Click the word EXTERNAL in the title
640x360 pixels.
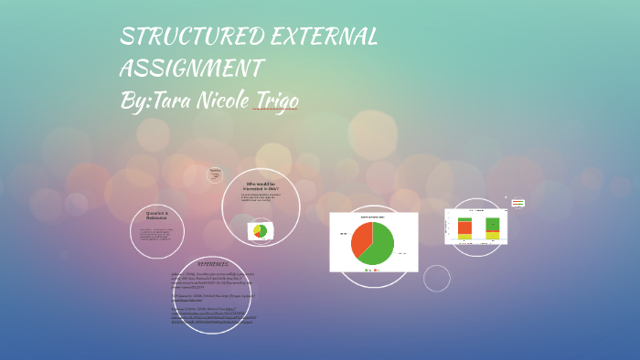click(325, 37)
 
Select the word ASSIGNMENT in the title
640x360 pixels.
click(192, 69)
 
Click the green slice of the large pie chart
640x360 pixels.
click(379, 247)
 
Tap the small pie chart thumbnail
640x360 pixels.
click(261, 232)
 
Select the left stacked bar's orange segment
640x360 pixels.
click(465, 228)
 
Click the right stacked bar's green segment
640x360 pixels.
click(493, 224)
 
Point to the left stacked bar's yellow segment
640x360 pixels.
click(465, 238)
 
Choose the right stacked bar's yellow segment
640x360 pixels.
click(493, 235)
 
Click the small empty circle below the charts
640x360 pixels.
click(437, 278)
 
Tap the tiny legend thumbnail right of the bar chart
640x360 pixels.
click(517, 203)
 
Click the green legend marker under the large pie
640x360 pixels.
click(367, 270)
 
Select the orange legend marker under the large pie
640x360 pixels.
click(376, 270)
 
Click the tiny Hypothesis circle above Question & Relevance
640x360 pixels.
click(216, 174)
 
